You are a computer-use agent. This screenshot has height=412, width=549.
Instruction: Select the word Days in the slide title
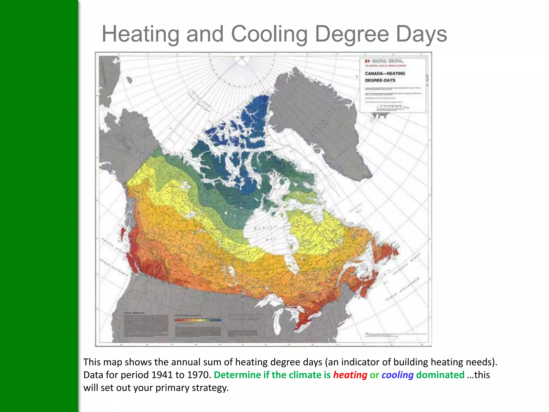tap(421, 34)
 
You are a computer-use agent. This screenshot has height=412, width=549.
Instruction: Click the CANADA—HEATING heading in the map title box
tap(385, 73)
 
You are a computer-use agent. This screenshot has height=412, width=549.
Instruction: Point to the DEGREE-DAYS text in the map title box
tap(380, 80)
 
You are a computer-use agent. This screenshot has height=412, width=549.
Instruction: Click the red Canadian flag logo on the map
tap(368, 61)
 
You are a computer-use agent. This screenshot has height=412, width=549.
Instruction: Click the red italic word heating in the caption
tap(350, 375)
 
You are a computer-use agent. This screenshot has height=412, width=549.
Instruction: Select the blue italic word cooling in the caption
tap(398, 375)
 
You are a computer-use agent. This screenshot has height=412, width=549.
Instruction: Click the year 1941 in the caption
tap(162, 375)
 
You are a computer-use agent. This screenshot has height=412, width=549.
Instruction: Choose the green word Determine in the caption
tap(237, 375)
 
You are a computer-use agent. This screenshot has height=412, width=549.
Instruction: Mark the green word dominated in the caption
tap(440, 375)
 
